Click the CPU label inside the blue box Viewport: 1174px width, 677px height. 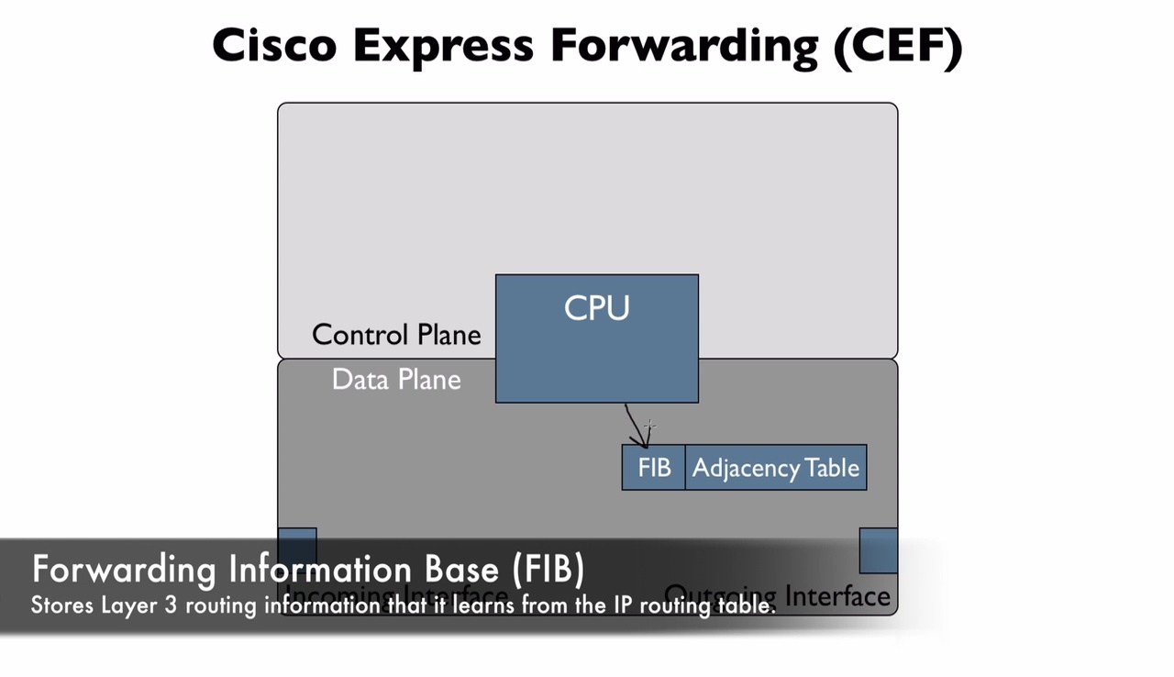596,308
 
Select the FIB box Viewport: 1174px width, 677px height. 654,468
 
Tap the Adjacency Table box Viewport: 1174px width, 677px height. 775,468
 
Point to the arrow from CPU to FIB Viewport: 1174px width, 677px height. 636,426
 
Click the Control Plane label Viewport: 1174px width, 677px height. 396,335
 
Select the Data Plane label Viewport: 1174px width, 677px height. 396,380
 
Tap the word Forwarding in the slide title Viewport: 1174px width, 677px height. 684,45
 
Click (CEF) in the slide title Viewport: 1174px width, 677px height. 898,45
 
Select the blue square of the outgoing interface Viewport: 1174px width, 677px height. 878,549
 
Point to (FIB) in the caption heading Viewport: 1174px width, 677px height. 548,569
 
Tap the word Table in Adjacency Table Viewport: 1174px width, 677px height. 833,468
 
